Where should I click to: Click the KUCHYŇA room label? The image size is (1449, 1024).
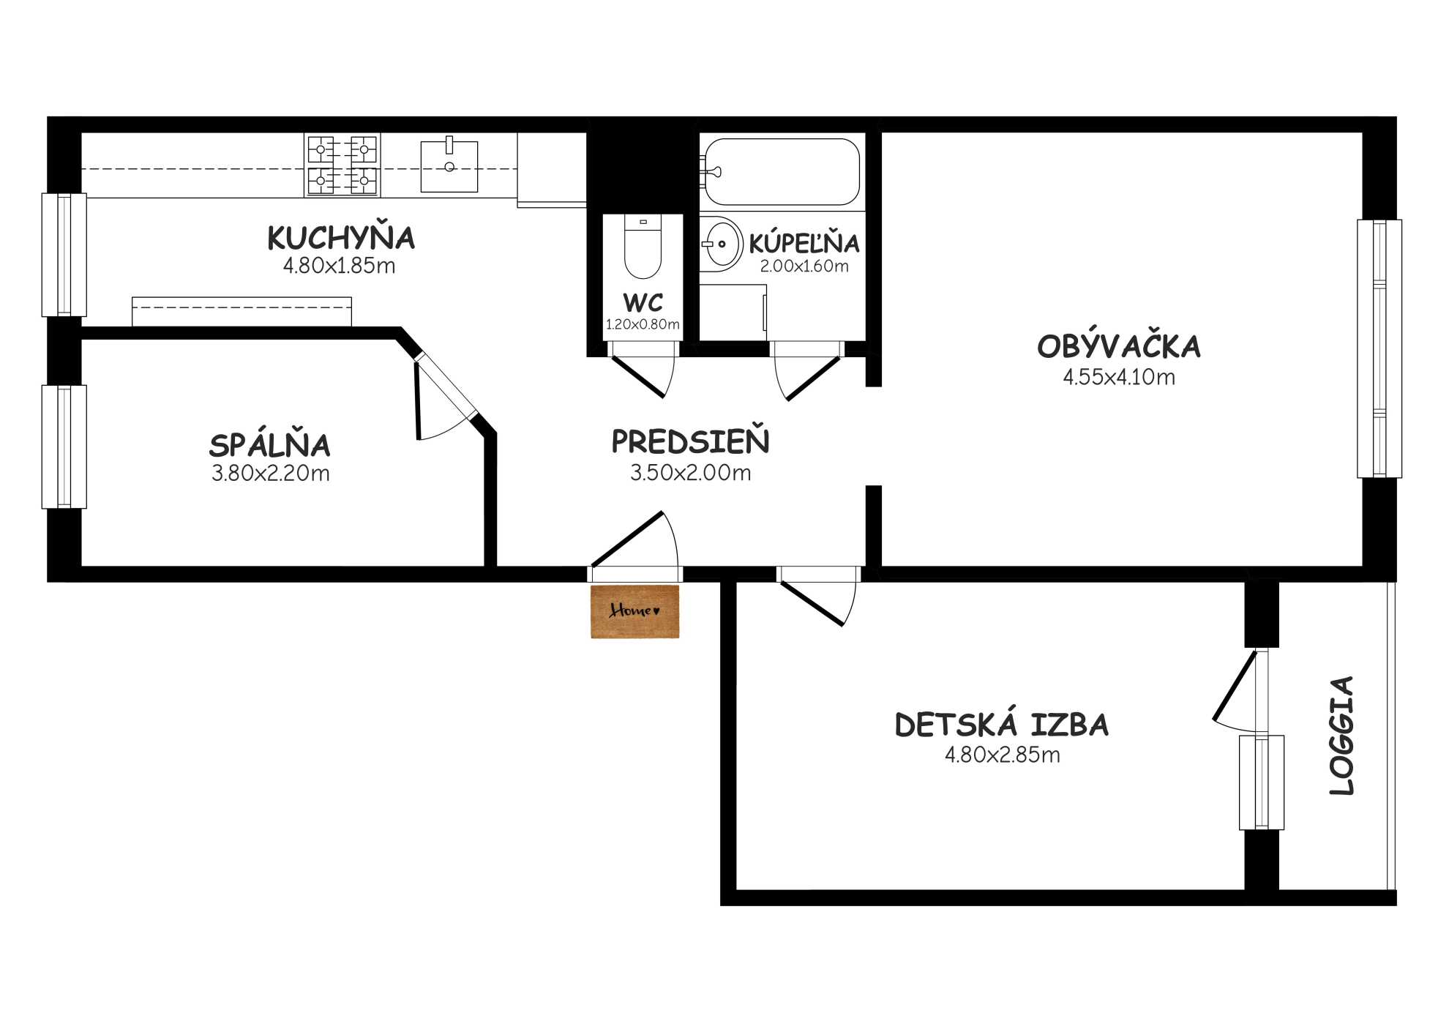pyautogui.click(x=341, y=238)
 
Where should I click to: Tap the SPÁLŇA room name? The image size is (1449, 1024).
pyautogui.click(x=270, y=445)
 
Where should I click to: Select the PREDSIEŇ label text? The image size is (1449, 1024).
pyautogui.click(x=690, y=441)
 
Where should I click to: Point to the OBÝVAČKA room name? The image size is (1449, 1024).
pyautogui.click(x=1119, y=346)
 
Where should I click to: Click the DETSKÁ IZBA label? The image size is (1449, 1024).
pyautogui.click(x=1002, y=725)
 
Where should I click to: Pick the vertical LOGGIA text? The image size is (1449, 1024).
pyautogui.click(x=1342, y=736)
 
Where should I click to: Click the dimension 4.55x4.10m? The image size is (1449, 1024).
pyautogui.click(x=1119, y=377)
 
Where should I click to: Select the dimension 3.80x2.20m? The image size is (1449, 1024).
pyautogui.click(x=270, y=474)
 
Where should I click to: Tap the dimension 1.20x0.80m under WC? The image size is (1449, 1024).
pyautogui.click(x=643, y=324)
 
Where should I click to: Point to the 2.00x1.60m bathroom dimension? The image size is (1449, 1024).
pyautogui.click(x=804, y=266)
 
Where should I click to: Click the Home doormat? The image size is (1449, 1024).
pyautogui.click(x=635, y=611)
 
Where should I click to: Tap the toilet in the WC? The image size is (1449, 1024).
pyautogui.click(x=643, y=247)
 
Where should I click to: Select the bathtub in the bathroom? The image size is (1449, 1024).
pyautogui.click(x=782, y=172)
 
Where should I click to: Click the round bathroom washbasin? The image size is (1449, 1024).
pyautogui.click(x=721, y=244)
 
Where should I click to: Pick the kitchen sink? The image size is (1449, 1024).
pyautogui.click(x=449, y=166)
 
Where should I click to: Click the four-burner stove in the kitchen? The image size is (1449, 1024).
pyautogui.click(x=342, y=165)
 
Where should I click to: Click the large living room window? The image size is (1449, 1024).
pyautogui.click(x=1379, y=349)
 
